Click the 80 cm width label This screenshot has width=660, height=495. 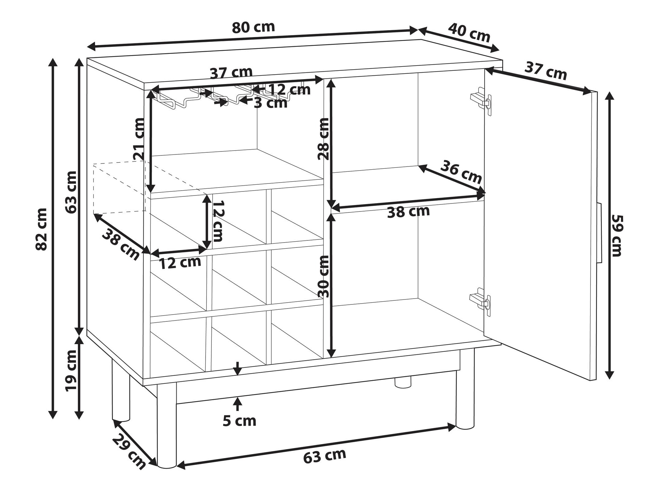253,27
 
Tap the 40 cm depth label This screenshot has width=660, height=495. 469,33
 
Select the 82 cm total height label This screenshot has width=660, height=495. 42,229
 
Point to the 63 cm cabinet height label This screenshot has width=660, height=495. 71,192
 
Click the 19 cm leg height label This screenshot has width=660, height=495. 71,370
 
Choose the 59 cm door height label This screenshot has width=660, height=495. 616,235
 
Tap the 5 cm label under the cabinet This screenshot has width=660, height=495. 239,421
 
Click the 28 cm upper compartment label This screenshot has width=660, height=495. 323,139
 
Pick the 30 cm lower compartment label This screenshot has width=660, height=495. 323,276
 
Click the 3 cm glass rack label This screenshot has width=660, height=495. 270,103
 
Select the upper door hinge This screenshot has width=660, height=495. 481,101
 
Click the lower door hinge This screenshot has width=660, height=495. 480,302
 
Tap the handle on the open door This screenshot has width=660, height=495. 599,233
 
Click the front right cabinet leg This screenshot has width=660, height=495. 465,389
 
